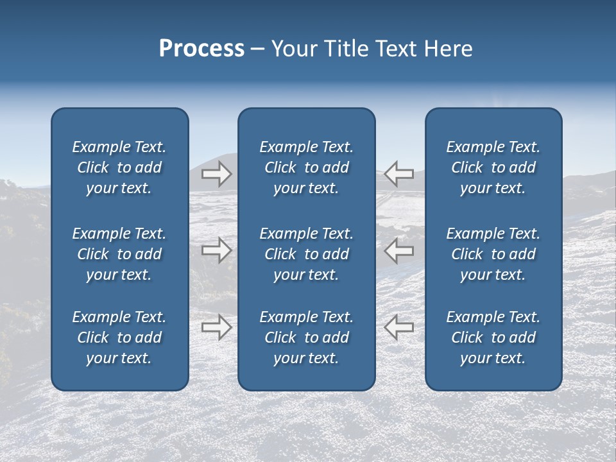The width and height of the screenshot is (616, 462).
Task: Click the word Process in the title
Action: click(x=201, y=49)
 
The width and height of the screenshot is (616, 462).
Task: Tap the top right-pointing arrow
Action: click(x=216, y=174)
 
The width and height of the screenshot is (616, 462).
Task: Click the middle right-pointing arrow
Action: click(x=216, y=250)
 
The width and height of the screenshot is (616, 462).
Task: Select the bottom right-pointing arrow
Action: click(x=216, y=327)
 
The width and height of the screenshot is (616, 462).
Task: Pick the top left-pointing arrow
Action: click(x=398, y=174)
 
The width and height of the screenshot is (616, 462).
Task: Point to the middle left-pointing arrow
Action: click(x=398, y=250)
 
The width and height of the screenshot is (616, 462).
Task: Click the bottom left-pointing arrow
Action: click(x=398, y=327)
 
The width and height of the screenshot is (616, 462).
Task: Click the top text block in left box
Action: click(x=119, y=167)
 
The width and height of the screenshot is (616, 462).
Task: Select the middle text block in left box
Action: click(x=119, y=254)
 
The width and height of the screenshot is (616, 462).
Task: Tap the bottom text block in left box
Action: click(x=119, y=338)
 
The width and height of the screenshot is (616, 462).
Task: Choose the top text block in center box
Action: click(x=306, y=167)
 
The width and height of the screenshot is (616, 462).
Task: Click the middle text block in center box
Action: click(x=306, y=254)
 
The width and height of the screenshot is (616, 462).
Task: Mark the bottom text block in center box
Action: click(x=306, y=338)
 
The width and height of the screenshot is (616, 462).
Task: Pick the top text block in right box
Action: click(x=493, y=167)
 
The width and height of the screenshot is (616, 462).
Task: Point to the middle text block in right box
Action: click(x=493, y=254)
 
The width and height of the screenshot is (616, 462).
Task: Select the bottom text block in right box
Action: click(x=493, y=338)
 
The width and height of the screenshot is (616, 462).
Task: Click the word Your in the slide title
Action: click(x=293, y=49)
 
